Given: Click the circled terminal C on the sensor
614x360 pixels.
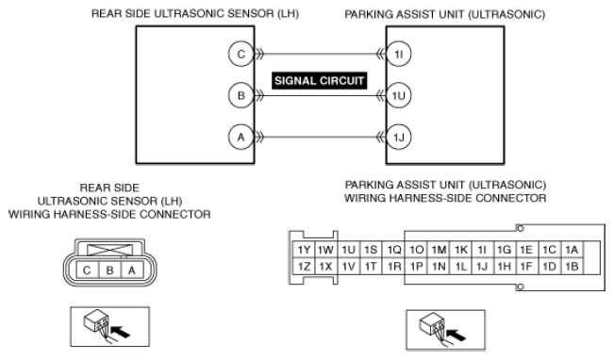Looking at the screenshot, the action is pyautogui.click(x=241, y=54).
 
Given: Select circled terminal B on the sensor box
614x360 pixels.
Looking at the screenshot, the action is pyautogui.click(x=241, y=95).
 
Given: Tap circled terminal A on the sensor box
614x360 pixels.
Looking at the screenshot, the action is pyautogui.click(x=241, y=137).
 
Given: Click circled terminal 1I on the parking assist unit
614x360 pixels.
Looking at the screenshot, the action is pyautogui.click(x=399, y=54).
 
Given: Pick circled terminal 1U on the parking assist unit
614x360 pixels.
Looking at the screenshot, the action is pyautogui.click(x=399, y=95).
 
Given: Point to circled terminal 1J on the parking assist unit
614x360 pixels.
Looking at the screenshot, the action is pyautogui.click(x=399, y=137).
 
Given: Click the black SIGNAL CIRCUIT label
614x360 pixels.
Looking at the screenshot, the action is pyautogui.click(x=319, y=81).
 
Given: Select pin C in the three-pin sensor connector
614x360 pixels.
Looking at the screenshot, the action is pyautogui.click(x=88, y=270).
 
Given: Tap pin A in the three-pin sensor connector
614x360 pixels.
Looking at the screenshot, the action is pyautogui.click(x=132, y=270).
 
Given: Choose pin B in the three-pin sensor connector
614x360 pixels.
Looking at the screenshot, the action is pyautogui.click(x=110, y=270).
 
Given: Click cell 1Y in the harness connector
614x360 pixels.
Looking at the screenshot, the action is pyautogui.click(x=304, y=250).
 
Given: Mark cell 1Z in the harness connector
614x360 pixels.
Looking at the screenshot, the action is pyautogui.click(x=304, y=267).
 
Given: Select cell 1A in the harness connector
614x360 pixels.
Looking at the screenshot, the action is pyautogui.click(x=572, y=250).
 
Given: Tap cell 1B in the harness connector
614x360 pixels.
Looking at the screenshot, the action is pyautogui.click(x=572, y=267).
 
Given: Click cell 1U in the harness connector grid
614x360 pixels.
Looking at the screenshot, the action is pyautogui.click(x=348, y=250).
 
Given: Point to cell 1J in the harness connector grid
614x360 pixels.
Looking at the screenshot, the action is pyautogui.click(x=482, y=267).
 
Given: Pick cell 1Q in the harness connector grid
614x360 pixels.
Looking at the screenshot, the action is pyautogui.click(x=394, y=250).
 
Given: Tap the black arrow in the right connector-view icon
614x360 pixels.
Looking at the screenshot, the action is pyautogui.click(x=456, y=335).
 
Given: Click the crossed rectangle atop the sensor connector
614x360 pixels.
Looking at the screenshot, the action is pyautogui.click(x=110, y=251).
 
